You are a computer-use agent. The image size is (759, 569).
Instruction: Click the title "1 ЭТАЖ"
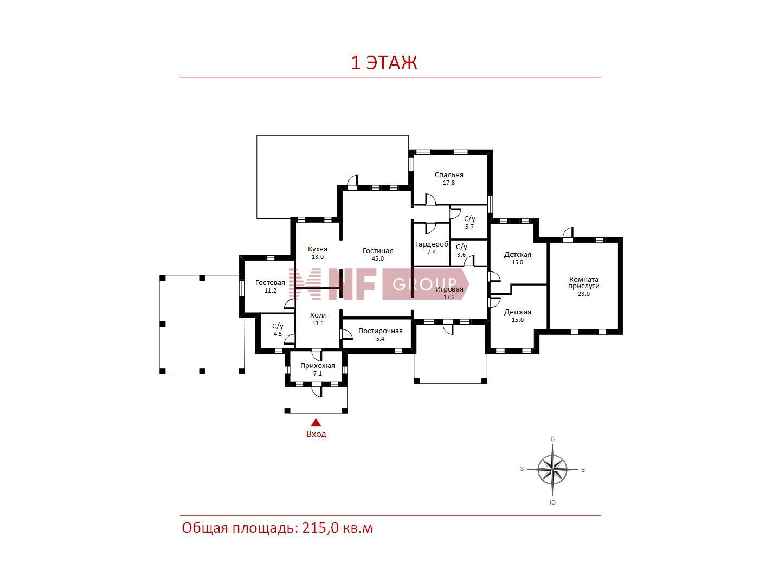(x=384, y=63)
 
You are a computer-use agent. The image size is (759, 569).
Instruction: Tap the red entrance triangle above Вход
(x=316, y=423)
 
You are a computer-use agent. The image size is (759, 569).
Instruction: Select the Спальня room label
(x=449, y=175)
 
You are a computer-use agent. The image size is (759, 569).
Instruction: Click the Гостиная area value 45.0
(x=377, y=258)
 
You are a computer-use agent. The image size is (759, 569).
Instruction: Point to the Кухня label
(x=318, y=249)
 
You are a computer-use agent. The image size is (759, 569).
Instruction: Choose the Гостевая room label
(x=270, y=282)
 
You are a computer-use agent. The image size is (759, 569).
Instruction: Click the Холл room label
(x=318, y=315)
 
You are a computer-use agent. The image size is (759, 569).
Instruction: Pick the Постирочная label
(x=381, y=331)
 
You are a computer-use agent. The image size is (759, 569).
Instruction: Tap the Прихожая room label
(x=318, y=365)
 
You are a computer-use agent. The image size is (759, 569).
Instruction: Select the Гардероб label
(x=432, y=244)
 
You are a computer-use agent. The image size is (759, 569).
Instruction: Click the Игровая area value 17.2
(x=449, y=297)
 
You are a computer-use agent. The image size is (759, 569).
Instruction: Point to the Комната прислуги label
(x=584, y=282)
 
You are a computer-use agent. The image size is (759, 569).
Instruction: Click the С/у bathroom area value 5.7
(x=469, y=227)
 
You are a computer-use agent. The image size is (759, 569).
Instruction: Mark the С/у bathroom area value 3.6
(x=461, y=255)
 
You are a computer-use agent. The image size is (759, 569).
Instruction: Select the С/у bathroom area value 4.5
(x=278, y=334)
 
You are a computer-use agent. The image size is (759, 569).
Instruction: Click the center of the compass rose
(x=552, y=470)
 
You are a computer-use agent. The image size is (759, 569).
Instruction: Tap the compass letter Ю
(x=552, y=502)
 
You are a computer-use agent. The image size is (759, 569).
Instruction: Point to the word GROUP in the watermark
(x=424, y=284)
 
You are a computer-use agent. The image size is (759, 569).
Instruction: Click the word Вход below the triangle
(x=316, y=434)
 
